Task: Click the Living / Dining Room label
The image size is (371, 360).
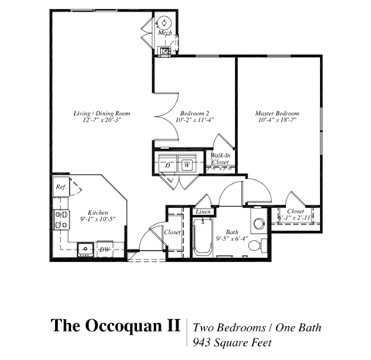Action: click(x=102, y=114)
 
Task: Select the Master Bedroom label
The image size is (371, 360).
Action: click(x=277, y=114)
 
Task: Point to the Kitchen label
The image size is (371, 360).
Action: click(x=97, y=212)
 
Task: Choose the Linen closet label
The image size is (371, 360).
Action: click(x=203, y=212)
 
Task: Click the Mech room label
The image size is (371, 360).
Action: click(x=165, y=33)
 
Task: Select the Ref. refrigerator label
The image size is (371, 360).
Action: click(x=60, y=187)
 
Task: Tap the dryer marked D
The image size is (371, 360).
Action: click(x=168, y=165)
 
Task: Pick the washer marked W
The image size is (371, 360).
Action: click(x=187, y=165)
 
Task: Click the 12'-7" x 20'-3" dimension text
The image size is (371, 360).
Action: click(x=102, y=121)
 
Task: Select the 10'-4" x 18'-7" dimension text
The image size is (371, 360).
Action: click(x=277, y=121)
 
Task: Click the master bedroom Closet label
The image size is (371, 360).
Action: click(x=294, y=211)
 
